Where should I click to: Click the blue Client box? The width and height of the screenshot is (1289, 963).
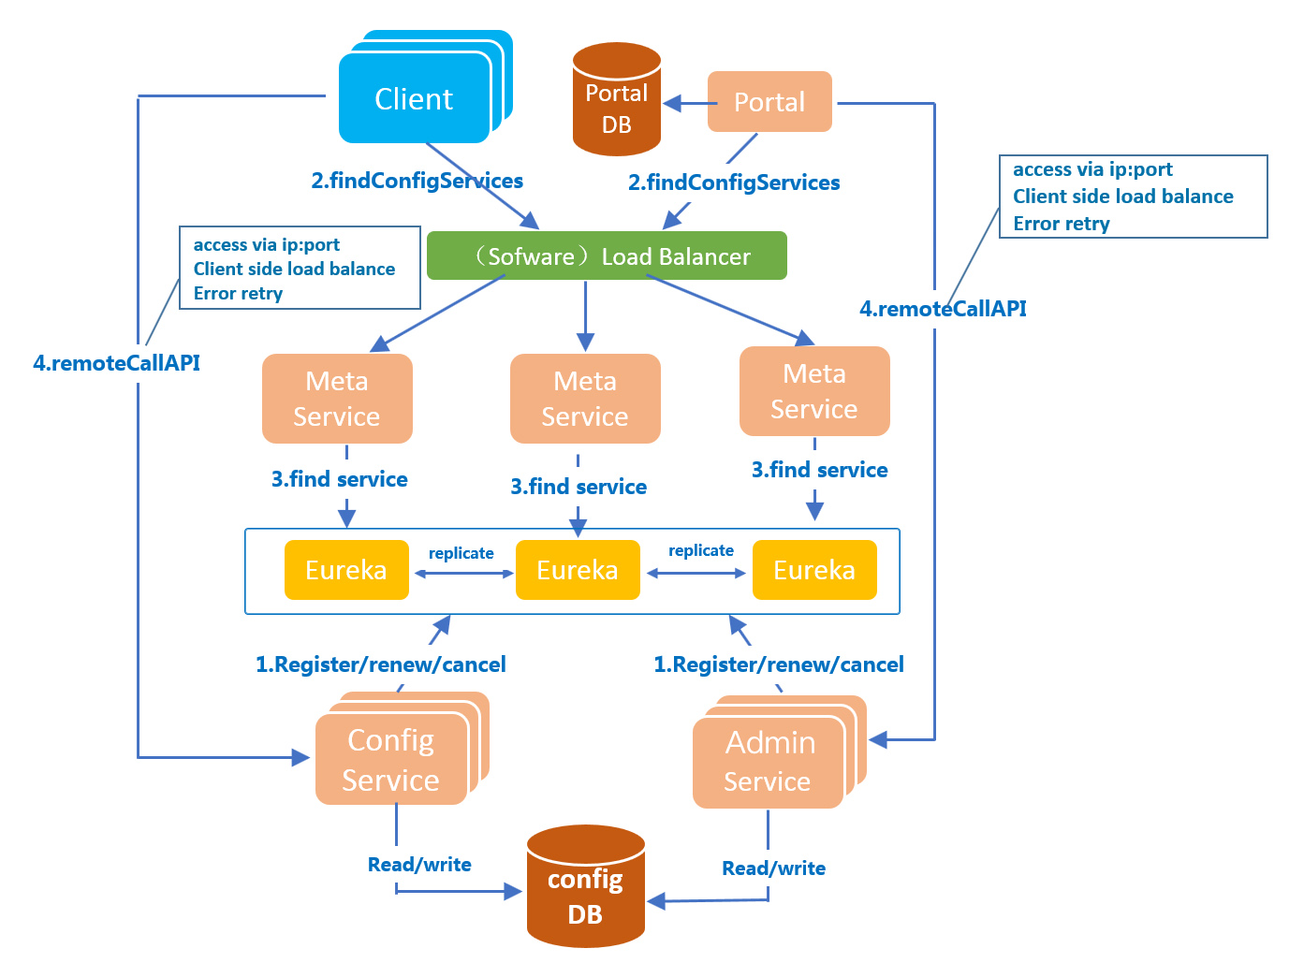(x=415, y=98)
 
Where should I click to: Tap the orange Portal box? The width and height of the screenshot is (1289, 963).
(x=769, y=102)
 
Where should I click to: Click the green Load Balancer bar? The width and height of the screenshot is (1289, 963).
(x=607, y=255)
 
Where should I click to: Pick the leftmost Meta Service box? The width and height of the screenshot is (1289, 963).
(x=337, y=399)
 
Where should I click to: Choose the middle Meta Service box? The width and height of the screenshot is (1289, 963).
(x=585, y=399)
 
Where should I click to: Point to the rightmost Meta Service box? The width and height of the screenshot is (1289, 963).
(x=814, y=391)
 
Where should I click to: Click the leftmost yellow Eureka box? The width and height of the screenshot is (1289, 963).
(x=346, y=570)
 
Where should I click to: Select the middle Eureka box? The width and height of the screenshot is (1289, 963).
(x=578, y=570)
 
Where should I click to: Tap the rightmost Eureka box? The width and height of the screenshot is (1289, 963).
(x=814, y=570)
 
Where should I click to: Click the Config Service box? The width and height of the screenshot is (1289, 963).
(x=391, y=760)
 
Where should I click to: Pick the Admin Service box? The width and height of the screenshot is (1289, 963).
(x=769, y=763)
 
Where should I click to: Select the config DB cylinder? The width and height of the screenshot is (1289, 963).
(x=586, y=887)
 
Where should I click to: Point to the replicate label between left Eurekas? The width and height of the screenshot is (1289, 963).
(x=461, y=553)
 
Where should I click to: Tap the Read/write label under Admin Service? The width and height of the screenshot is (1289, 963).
(x=774, y=868)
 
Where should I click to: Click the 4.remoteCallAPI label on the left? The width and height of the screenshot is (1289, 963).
(x=117, y=363)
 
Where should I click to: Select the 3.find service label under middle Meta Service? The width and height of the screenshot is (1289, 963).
(x=579, y=487)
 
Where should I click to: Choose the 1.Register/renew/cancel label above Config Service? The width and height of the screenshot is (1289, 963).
(x=381, y=664)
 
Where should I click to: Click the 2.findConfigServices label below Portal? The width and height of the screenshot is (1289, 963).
(x=734, y=182)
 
